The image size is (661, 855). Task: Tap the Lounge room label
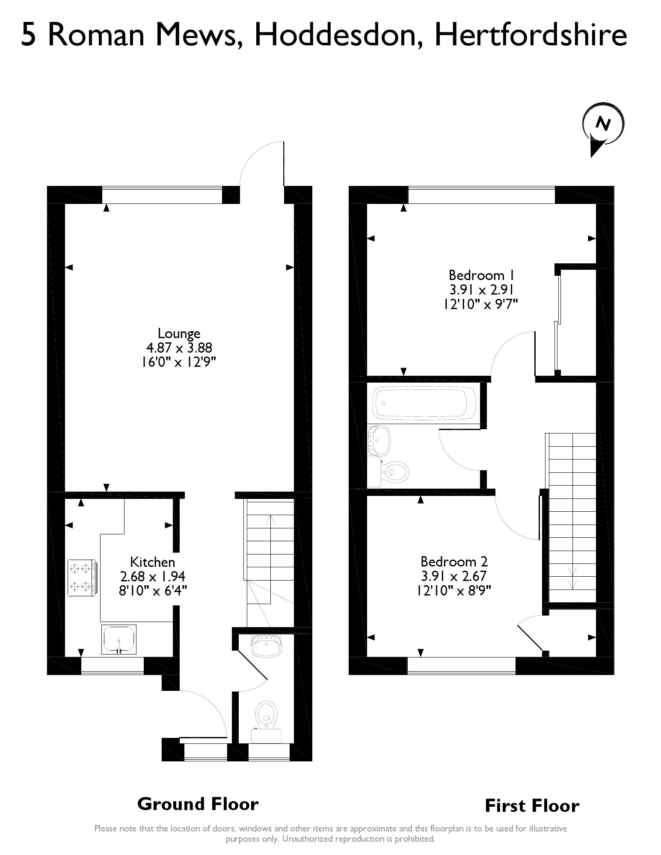click(179, 333)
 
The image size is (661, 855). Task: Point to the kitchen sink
click(119, 639)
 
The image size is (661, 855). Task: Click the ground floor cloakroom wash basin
click(266, 646)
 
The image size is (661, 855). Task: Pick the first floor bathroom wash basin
click(379, 440)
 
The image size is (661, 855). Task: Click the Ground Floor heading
click(198, 804)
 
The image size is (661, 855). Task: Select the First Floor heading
click(532, 806)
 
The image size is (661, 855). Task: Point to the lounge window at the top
click(162, 195)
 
